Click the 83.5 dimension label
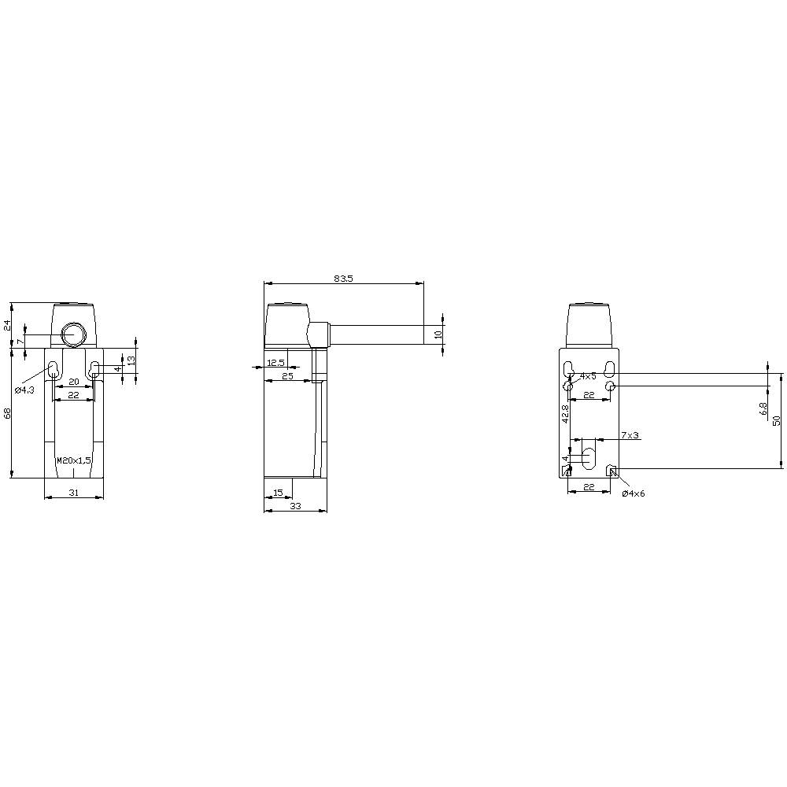click(x=343, y=279)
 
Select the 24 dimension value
click(x=7, y=324)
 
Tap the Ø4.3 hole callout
click(x=25, y=390)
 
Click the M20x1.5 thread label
click(x=74, y=460)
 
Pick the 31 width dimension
click(x=74, y=492)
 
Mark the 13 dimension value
click(x=131, y=359)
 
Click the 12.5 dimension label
click(x=275, y=363)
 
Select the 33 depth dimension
click(x=295, y=506)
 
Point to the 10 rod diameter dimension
click(x=438, y=334)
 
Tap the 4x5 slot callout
click(x=588, y=376)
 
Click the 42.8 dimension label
click(x=565, y=415)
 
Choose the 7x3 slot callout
click(x=630, y=435)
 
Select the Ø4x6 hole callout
click(x=633, y=493)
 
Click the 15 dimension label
click(x=277, y=493)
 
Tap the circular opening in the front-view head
click(x=73, y=334)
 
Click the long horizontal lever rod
click(x=378, y=334)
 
